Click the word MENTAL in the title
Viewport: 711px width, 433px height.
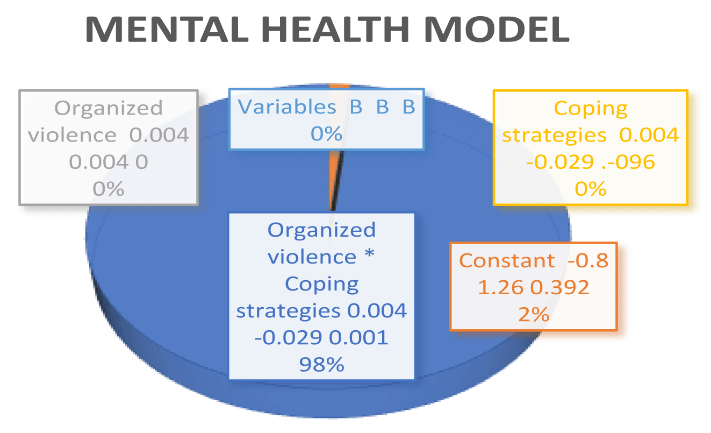point(167,29)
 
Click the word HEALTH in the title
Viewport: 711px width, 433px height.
point(335,29)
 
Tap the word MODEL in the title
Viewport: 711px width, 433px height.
point(497,29)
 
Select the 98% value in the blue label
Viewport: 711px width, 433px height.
point(321,364)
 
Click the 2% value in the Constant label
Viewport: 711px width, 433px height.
point(534,315)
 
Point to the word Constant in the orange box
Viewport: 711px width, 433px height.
point(507,261)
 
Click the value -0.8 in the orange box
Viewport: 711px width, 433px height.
point(588,261)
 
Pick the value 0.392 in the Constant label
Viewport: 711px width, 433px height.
point(560,288)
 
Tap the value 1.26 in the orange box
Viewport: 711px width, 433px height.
point(500,288)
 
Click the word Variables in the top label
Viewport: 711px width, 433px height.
point(287,107)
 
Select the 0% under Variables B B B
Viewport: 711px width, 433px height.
point(326,134)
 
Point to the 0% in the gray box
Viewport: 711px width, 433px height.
point(108,189)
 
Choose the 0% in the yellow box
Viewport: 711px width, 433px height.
point(591,189)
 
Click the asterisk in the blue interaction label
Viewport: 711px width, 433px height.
point(369,253)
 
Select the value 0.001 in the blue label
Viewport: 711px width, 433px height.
point(358,337)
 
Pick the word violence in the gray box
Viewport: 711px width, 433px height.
point(73,135)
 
